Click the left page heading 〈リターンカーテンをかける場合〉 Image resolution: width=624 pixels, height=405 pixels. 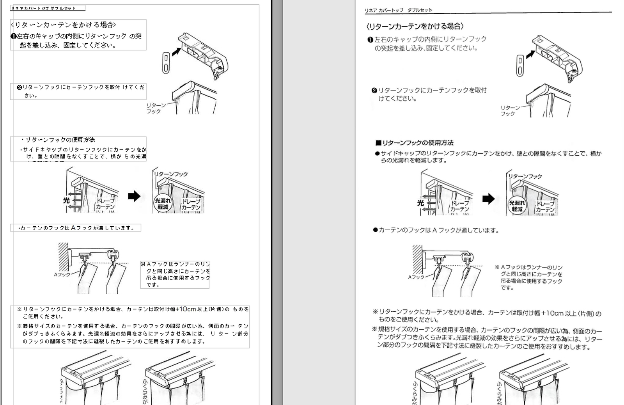tap(64, 25)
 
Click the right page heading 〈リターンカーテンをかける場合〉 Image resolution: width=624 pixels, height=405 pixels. tap(415, 27)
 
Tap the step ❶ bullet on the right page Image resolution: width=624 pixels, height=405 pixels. tap(370, 39)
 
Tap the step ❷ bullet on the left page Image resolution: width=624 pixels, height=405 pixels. tap(19, 87)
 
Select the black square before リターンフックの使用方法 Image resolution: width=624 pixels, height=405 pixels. tap(378, 143)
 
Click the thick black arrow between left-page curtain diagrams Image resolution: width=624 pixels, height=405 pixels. tap(134, 195)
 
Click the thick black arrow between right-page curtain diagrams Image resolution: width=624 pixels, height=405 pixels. tap(488, 199)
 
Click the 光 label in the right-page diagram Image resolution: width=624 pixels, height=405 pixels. tap(420, 203)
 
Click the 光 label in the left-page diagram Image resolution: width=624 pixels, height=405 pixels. tap(66, 200)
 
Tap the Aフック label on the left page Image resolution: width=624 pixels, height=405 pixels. tap(62, 275)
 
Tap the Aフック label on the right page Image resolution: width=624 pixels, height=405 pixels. tap(416, 277)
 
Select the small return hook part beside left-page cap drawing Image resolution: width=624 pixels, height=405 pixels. tap(166, 63)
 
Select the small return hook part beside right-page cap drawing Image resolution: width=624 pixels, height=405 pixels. tap(520, 66)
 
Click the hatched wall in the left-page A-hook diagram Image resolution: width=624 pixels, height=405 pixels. tap(63, 256)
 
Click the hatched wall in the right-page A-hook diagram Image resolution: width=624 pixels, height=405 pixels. tap(417, 259)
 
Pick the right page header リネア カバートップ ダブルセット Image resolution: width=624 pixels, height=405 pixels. tap(398, 10)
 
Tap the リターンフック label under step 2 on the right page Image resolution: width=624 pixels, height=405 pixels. tap(510, 110)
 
